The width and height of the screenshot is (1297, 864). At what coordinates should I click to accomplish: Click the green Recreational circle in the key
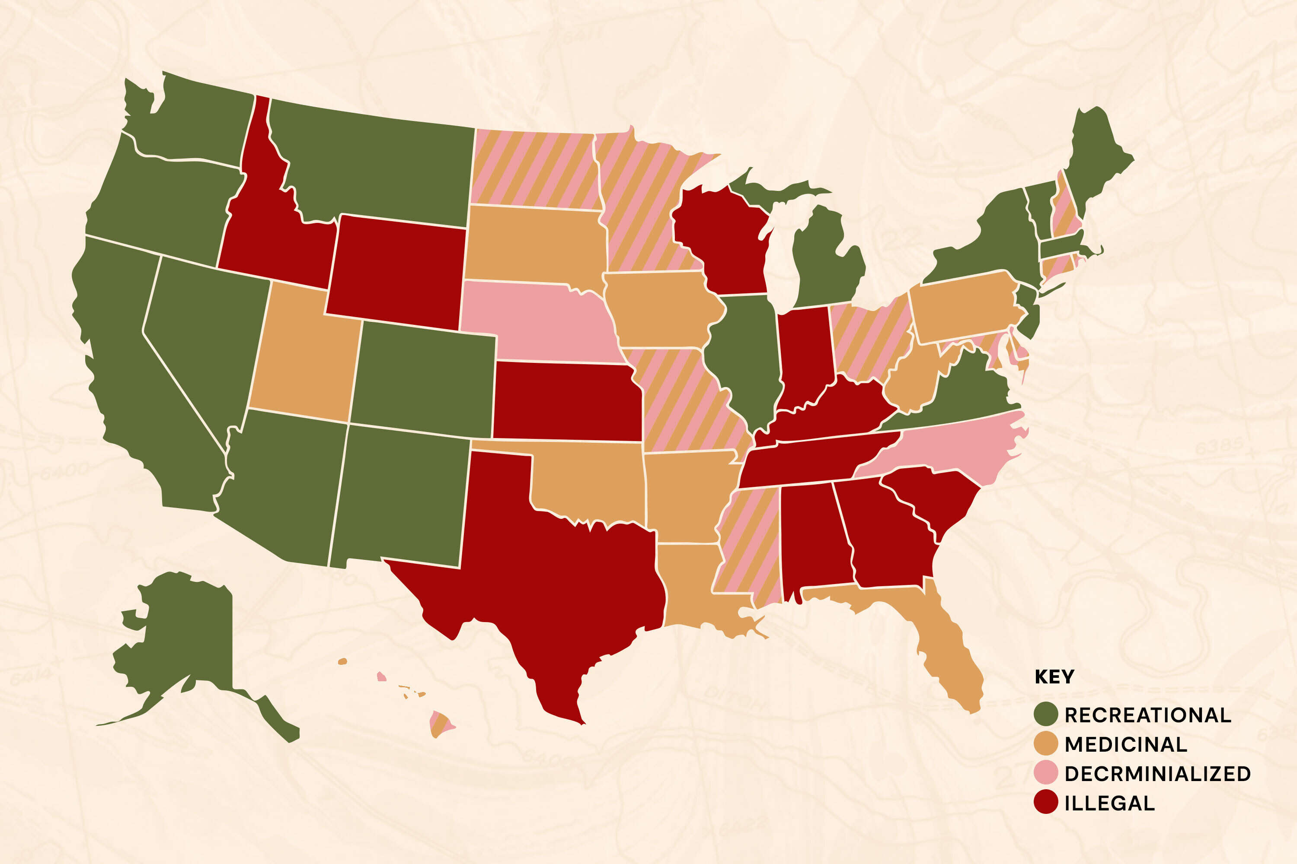pos(1045,715)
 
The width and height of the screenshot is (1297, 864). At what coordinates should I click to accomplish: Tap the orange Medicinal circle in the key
pos(1045,744)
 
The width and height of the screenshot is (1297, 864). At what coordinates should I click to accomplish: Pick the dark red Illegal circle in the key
pos(1045,802)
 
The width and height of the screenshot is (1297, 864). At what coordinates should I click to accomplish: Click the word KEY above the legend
pos(1054,677)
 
